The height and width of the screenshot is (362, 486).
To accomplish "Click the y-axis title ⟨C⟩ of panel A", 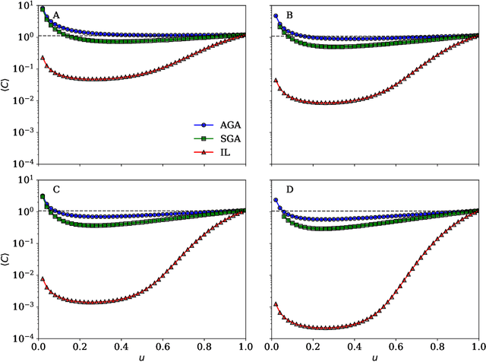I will click(8, 84).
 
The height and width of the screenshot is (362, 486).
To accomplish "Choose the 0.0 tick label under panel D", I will click(272, 345).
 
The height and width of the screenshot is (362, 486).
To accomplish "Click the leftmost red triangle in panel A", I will click(43, 57).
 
